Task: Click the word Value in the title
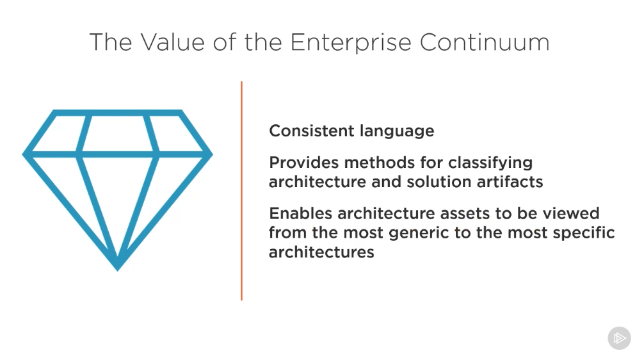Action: pyautogui.click(x=172, y=42)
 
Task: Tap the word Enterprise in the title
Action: pyautogui.click(x=351, y=42)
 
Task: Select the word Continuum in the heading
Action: pyautogui.click(x=485, y=42)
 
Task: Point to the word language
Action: pyautogui.click(x=397, y=132)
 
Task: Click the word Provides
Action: pyautogui.click(x=304, y=163)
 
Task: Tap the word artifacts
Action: pyautogui.click(x=510, y=182)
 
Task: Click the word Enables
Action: pyautogui.click(x=301, y=213)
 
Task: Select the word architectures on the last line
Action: pyautogui.click(x=321, y=252)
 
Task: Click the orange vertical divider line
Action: pyautogui.click(x=241, y=191)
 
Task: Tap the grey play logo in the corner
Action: pyautogui.click(x=620, y=338)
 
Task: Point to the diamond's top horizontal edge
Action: pyautogui.click(x=117, y=113)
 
